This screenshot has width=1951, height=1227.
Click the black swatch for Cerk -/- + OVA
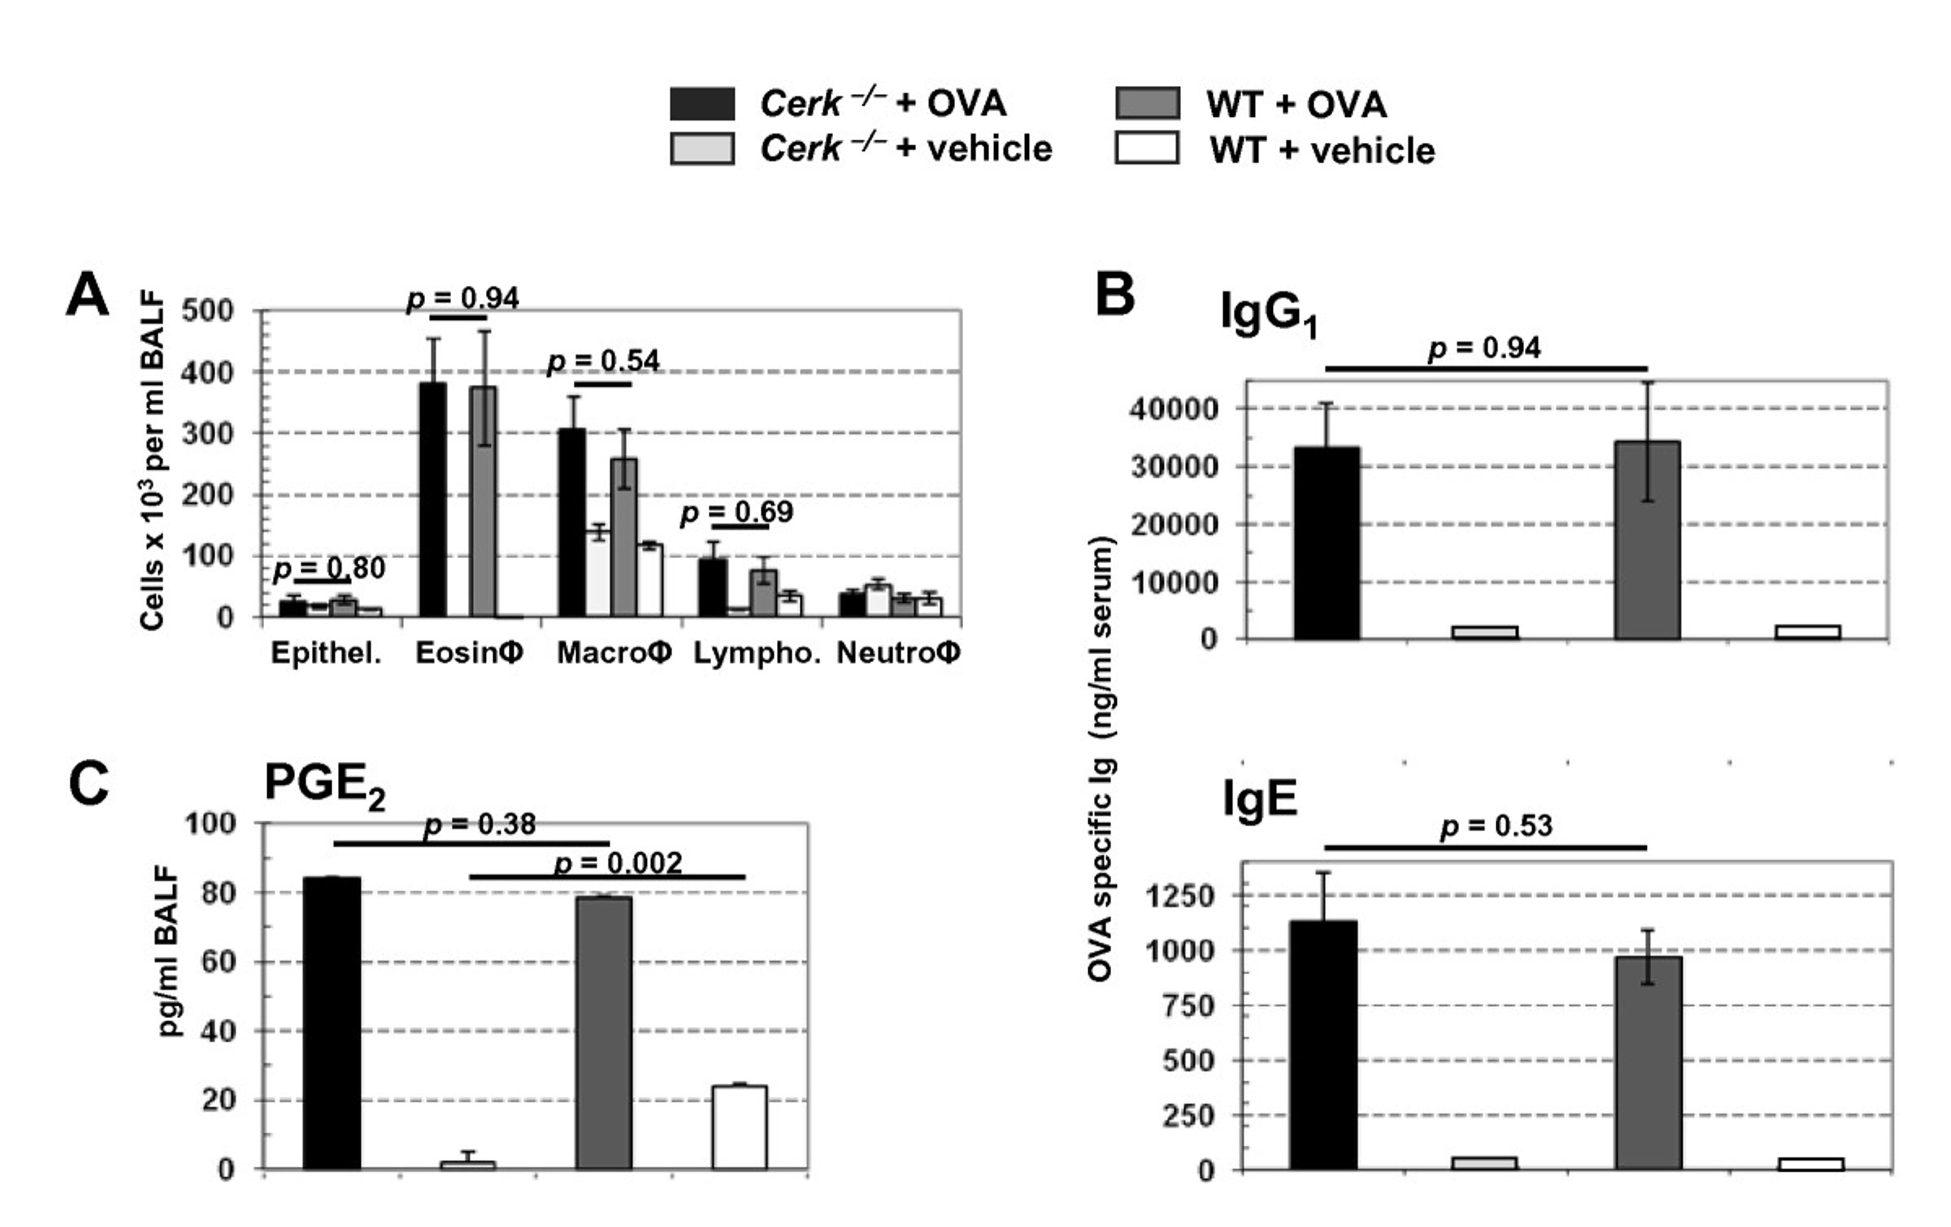pos(702,104)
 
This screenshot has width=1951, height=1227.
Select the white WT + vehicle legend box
pos(1146,148)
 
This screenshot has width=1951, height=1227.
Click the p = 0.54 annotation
pos(604,361)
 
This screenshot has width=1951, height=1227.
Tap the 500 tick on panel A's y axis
pos(207,310)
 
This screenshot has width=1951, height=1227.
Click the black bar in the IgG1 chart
pos(1326,542)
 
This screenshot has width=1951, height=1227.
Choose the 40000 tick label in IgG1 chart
pos(1173,409)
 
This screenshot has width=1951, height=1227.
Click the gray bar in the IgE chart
pos(1648,1062)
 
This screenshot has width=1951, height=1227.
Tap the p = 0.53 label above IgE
pos(1496,827)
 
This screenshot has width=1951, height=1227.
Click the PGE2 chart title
pos(324,785)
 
